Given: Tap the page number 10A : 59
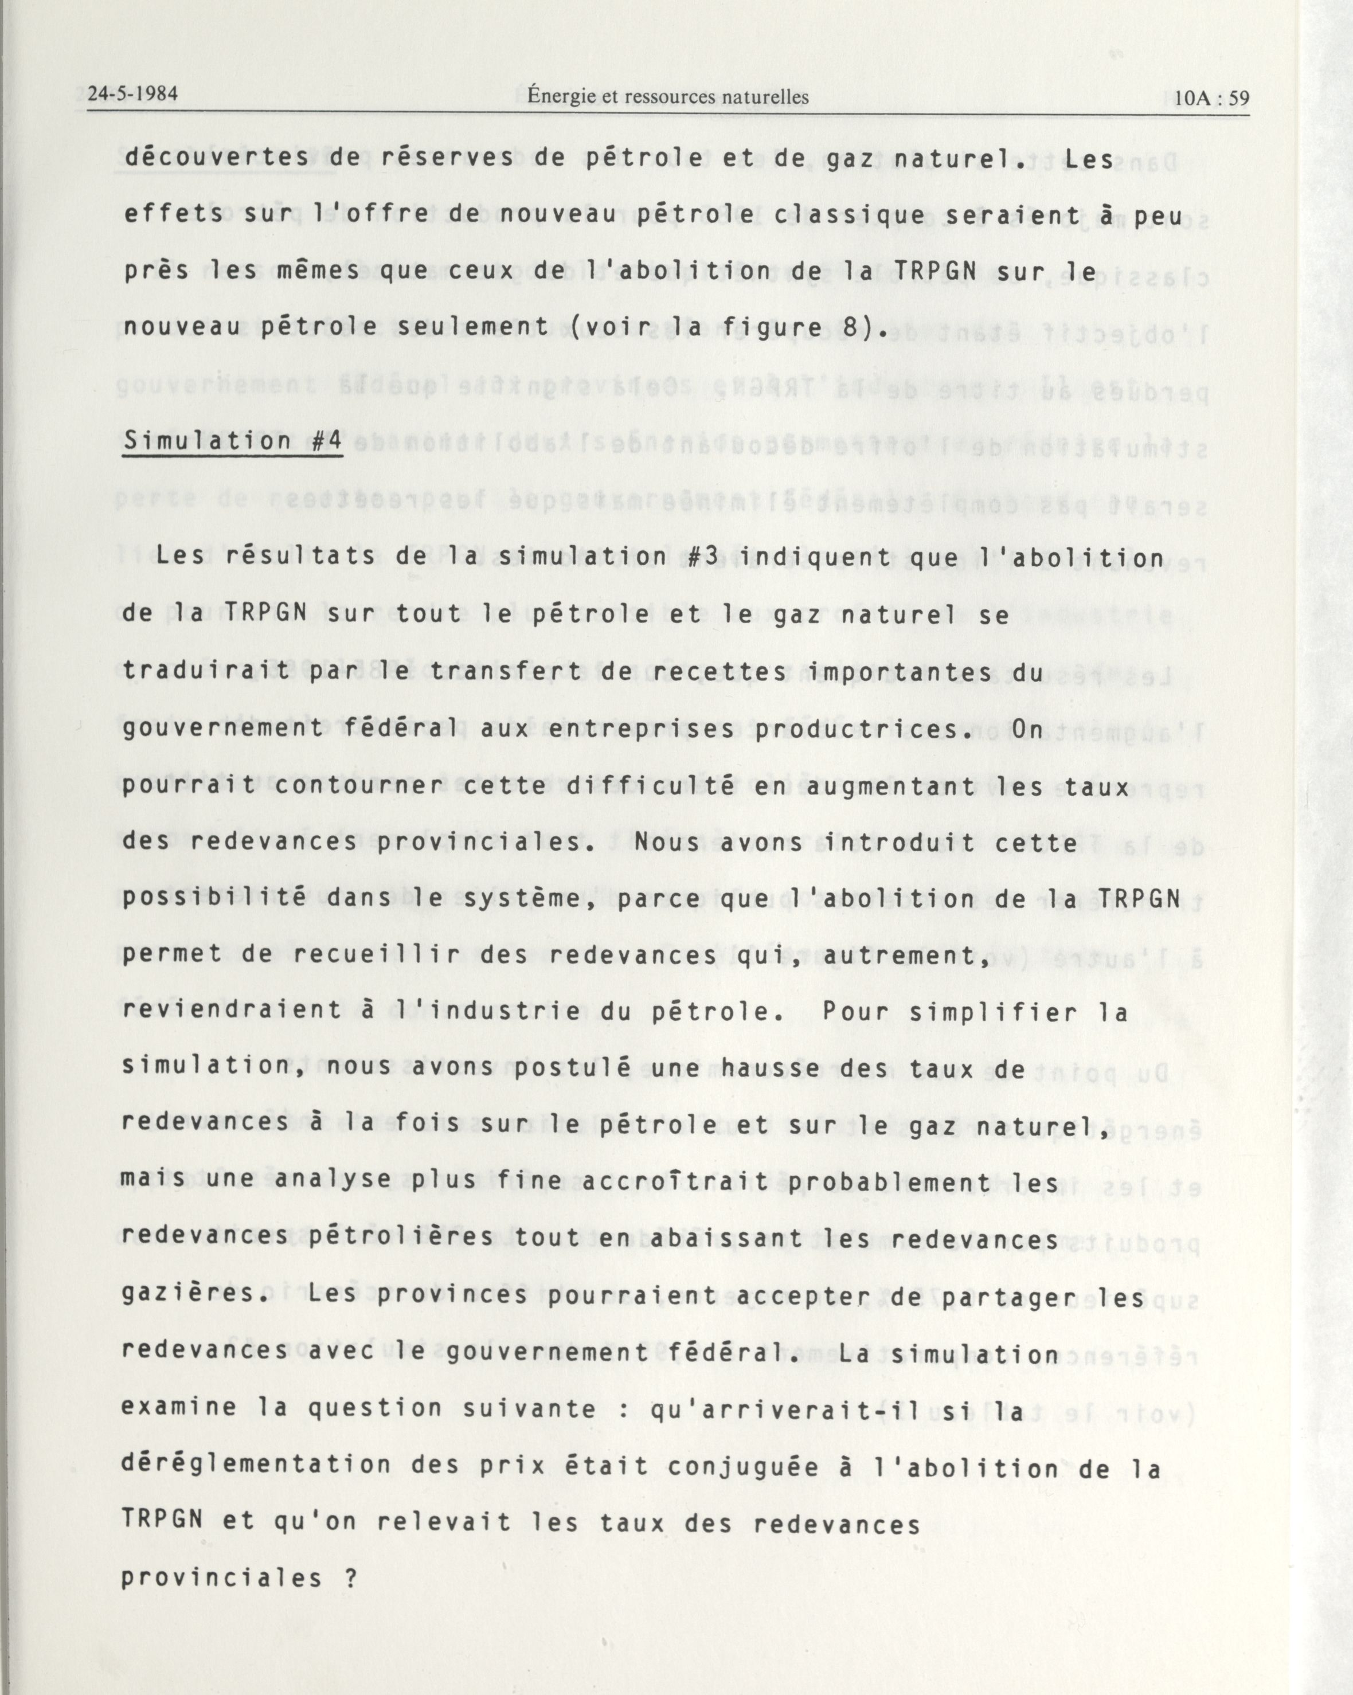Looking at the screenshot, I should [1211, 99].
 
